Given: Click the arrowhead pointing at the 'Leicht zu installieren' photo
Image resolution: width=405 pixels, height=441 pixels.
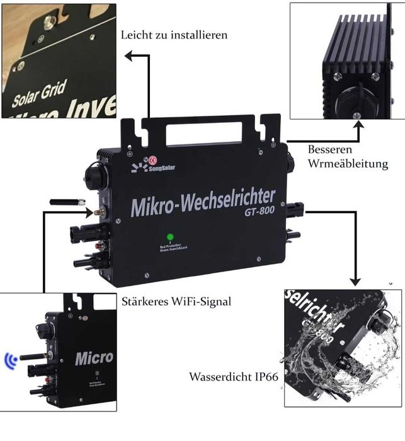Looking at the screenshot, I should pyautogui.click(x=128, y=56).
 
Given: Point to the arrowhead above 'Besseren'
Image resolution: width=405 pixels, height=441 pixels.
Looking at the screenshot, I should pyautogui.click(x=359, y=124).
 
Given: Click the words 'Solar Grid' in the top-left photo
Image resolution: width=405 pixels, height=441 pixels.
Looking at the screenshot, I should pyautogui.click(x=39, y=95).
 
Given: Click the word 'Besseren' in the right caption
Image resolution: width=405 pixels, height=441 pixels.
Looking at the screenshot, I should pyautogui.click(x=328, y=150).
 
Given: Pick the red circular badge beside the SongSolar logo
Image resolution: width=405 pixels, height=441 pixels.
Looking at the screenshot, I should pyautogui.click(x=152, y=160).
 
